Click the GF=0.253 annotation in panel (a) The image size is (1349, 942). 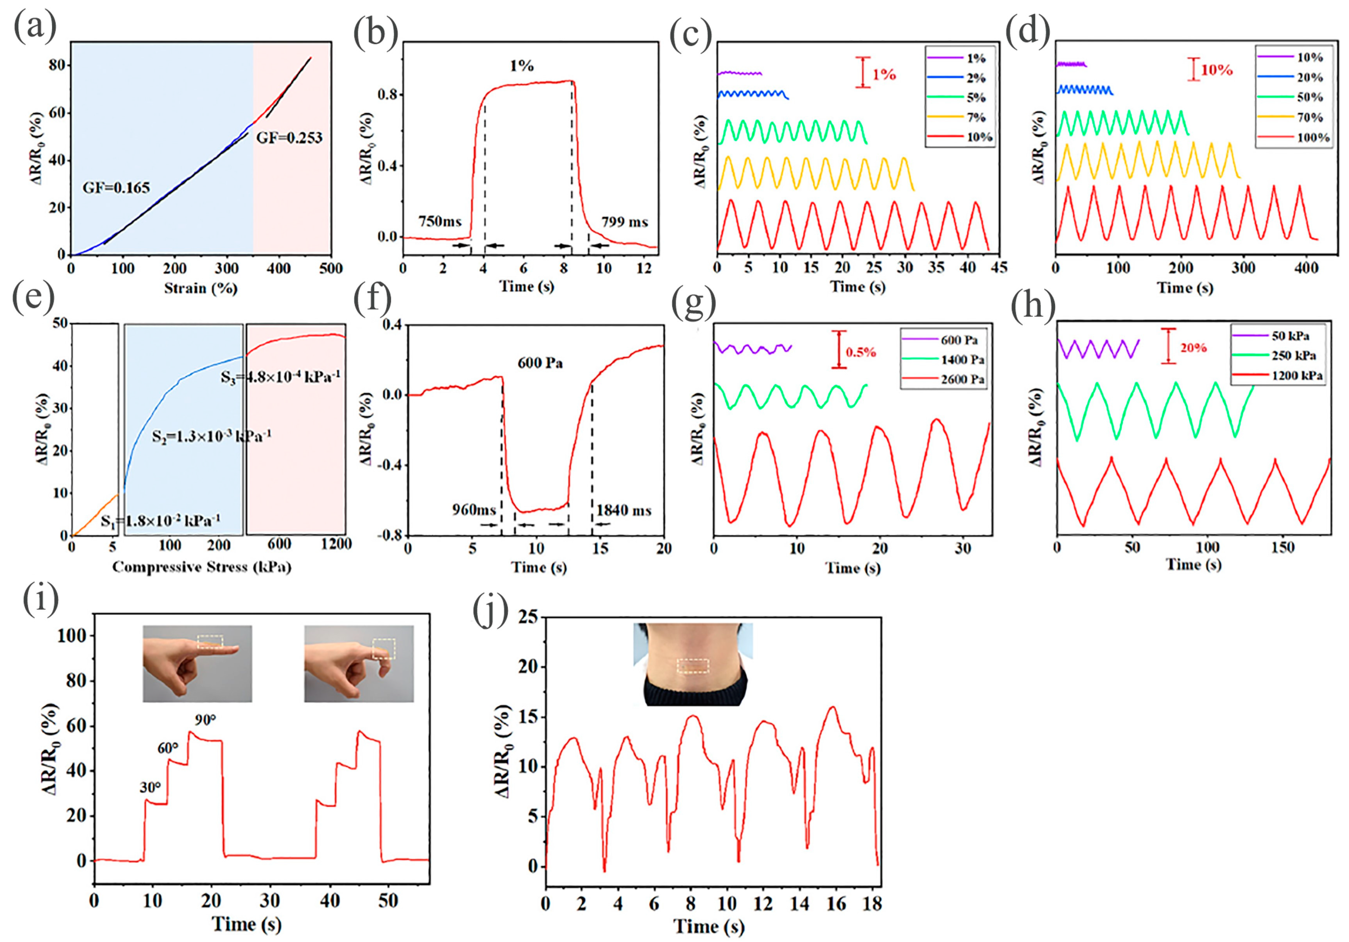point(289,138)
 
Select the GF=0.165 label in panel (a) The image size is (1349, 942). point(116,188)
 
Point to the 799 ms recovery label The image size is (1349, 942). point(625,222)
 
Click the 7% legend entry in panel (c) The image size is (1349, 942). point(975,118)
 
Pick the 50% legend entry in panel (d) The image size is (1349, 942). point(1310,97)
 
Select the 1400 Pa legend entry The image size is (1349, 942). point(962,359)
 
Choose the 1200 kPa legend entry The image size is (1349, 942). point(1297,376)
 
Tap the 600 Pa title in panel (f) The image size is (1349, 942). point(540,363)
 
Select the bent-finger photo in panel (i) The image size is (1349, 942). point(358,663)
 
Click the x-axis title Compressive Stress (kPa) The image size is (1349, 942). point(202,567)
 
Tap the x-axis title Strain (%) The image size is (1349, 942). point(201,288)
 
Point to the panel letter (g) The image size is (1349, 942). point(694,305)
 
